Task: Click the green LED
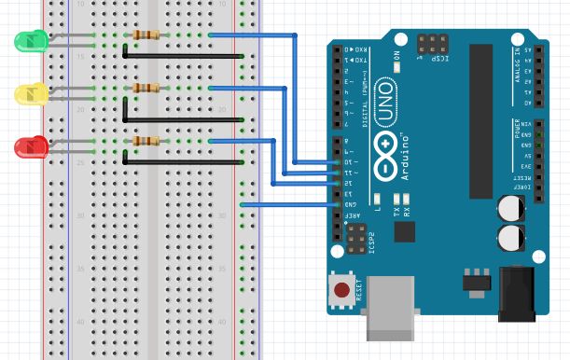pyautogui.click(x=30, y=40)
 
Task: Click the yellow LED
pyautogui.click(x=30, y=93)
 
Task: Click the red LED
pyautogui.click(x=30, y=146)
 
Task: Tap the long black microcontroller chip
pyautogui.click(x=480, y=121)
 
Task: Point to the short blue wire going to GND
pyautogui.click(x=289, y=204)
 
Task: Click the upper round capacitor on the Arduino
pyautogui.click(x=511, y=206)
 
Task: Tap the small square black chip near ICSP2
pyautogui.click(x=404, y=230)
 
